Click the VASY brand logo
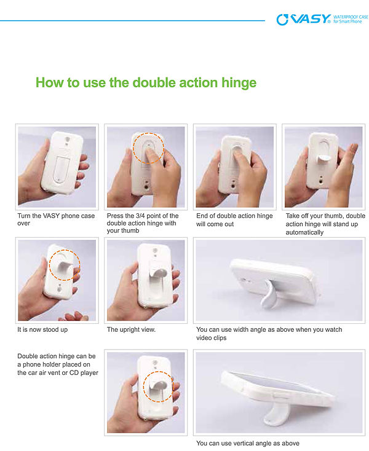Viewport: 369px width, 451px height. click(304, 19)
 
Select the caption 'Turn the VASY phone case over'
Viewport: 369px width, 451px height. click(56, 219)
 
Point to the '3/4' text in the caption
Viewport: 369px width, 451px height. click(143, 216)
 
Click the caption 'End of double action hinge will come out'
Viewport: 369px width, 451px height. click(234, 220)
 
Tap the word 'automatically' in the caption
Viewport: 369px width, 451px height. click(304, 232)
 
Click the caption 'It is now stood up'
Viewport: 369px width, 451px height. click(42, 329)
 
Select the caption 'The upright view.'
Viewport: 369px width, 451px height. click(131, 329)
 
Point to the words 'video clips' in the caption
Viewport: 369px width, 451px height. click(212, 338)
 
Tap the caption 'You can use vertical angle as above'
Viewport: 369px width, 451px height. click(248, 443)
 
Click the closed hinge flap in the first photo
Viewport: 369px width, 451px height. click(60, 170)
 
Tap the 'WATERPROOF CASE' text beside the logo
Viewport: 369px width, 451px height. click(351, 17)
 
